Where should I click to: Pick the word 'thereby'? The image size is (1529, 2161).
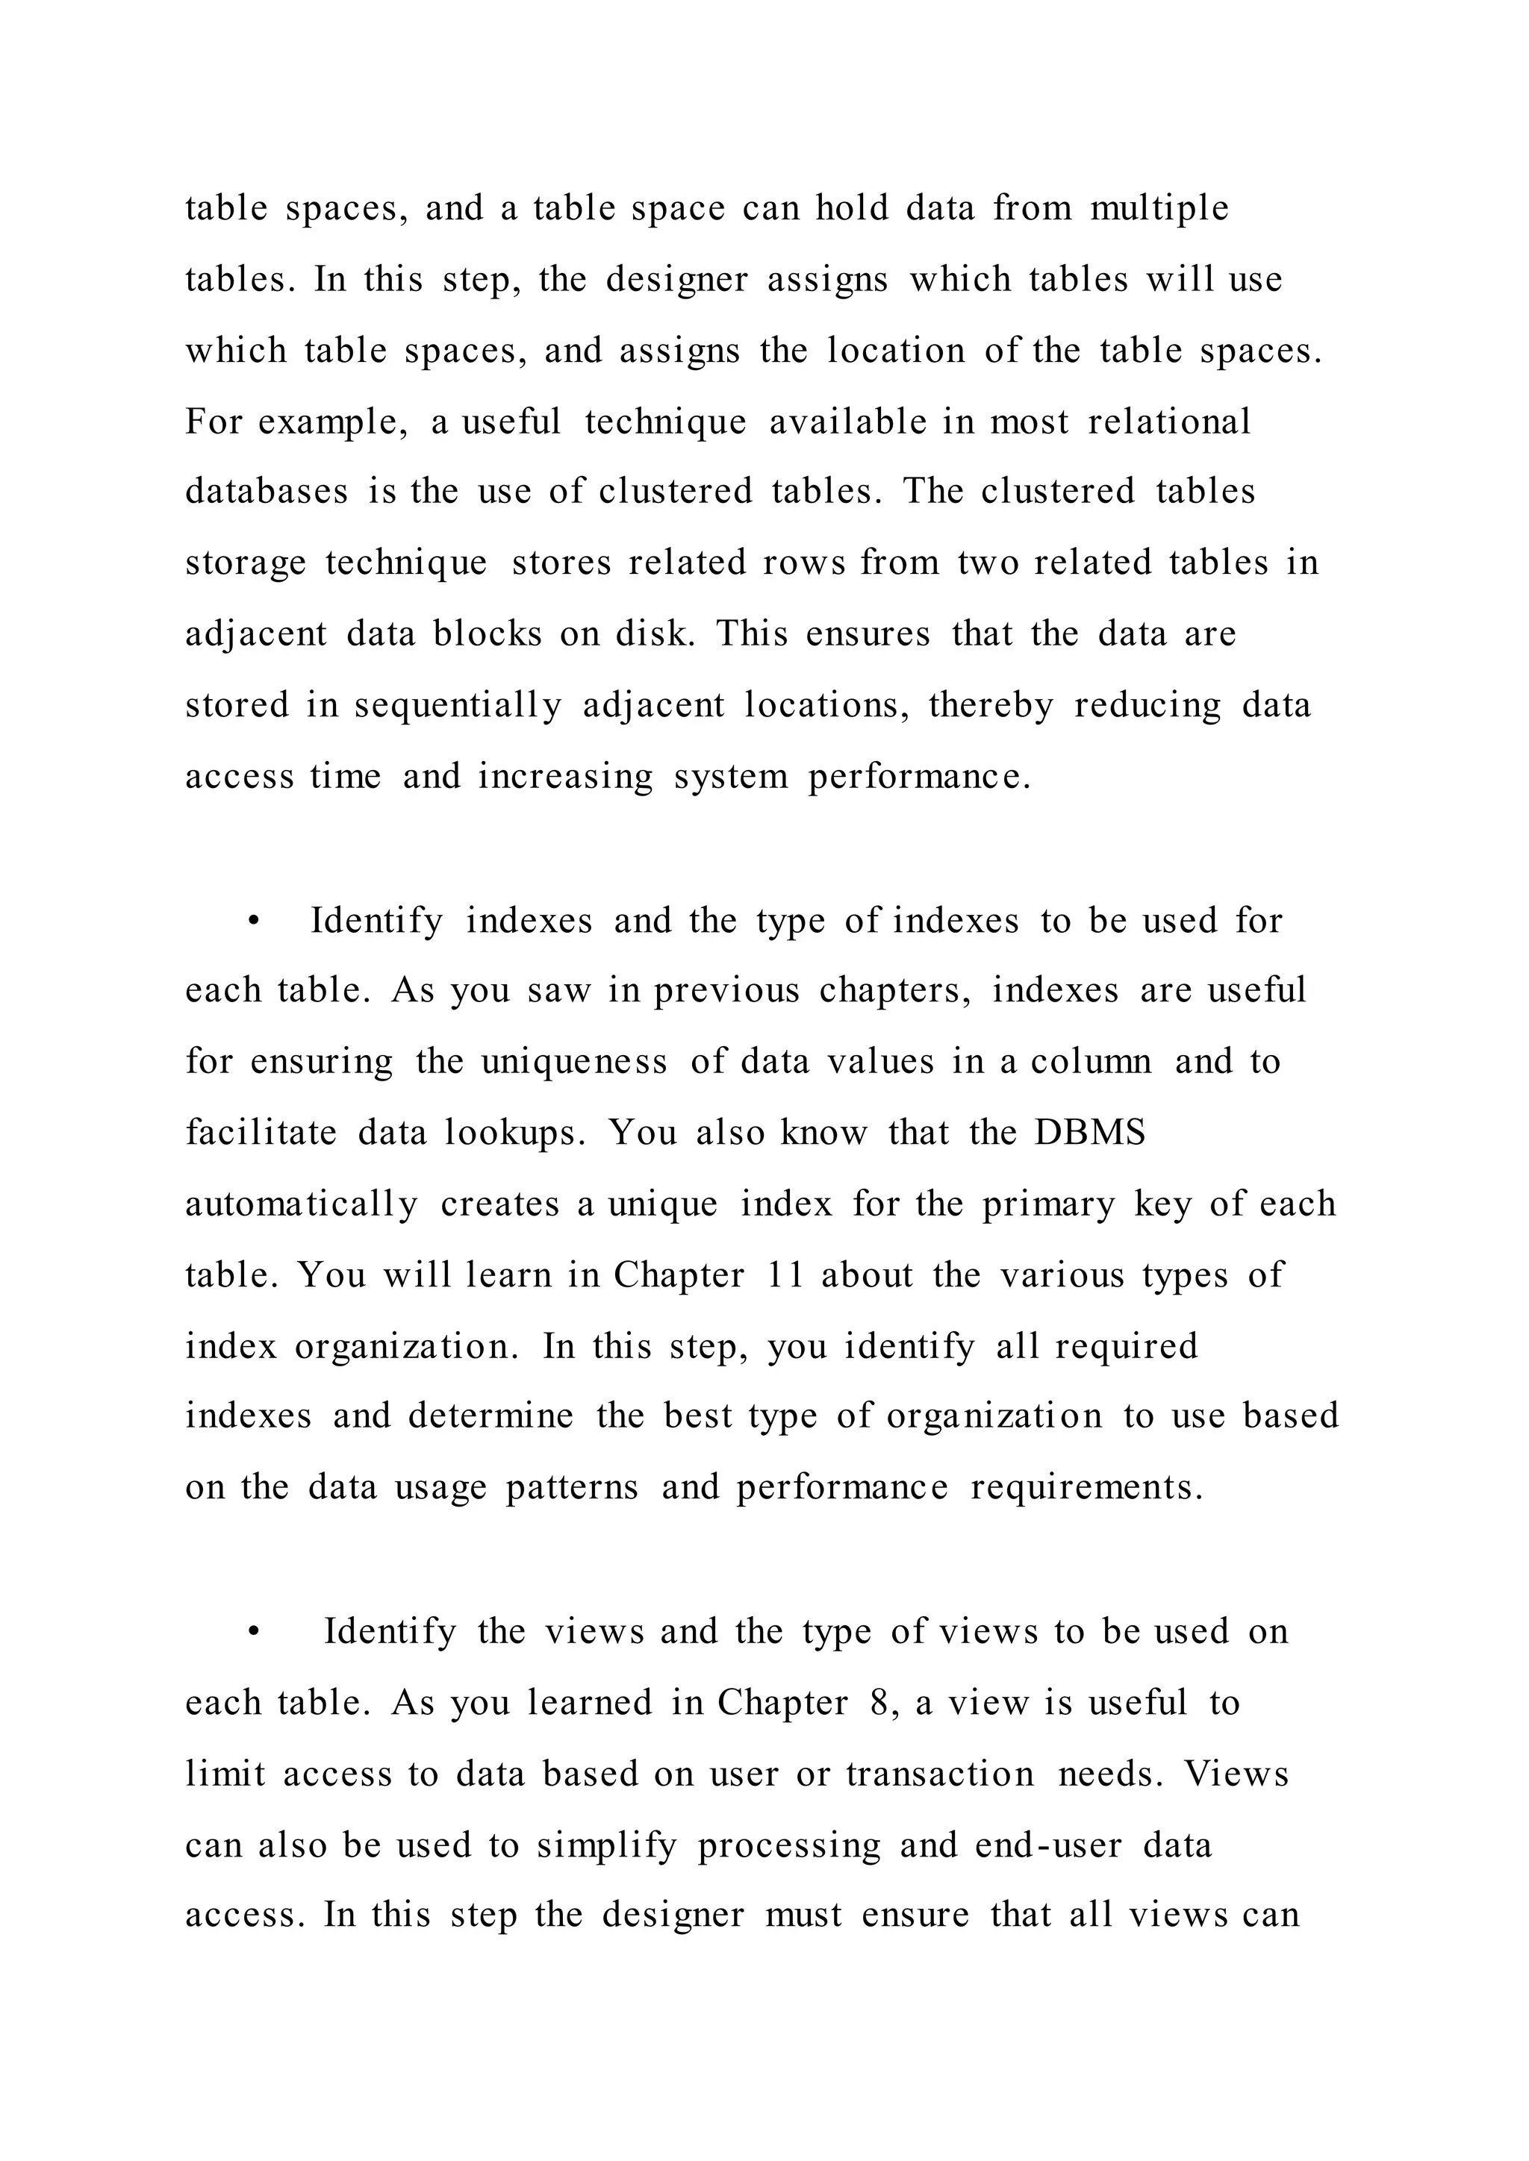991,705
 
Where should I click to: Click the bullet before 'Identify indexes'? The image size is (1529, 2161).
252,922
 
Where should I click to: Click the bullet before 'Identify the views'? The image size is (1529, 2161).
252,1632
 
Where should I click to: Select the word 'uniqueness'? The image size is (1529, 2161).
574,1062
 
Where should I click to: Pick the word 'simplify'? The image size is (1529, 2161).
606,1845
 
